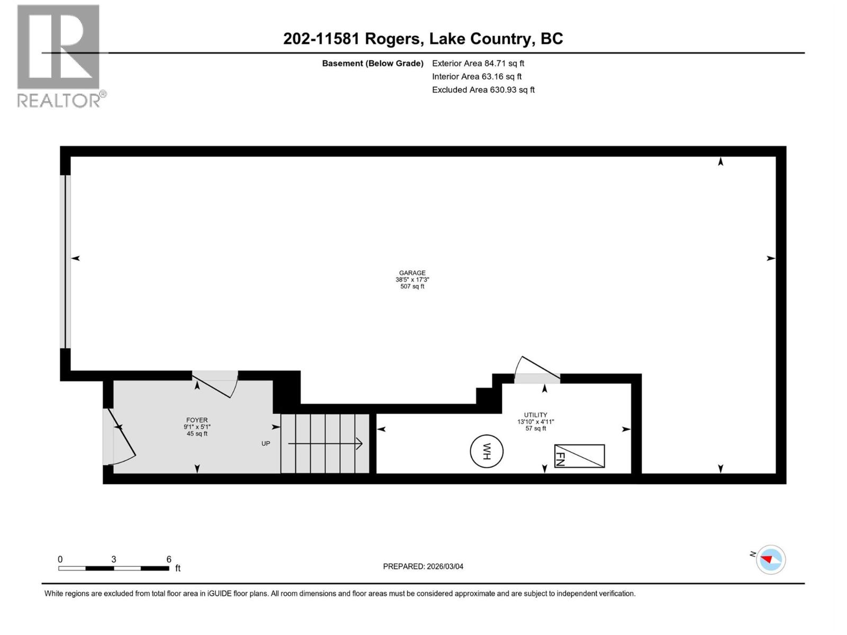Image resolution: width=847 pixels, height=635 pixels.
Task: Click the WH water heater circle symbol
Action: pos(486,451)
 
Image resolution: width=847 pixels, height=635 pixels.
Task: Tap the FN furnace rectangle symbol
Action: pos(579,456)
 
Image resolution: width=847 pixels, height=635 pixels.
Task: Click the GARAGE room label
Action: pos(412,273)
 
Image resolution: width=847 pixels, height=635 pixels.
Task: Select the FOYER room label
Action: pos(197,420)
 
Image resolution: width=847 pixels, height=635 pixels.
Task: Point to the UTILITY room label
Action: pos(535,415)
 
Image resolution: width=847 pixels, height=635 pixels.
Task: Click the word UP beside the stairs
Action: pos(266,443)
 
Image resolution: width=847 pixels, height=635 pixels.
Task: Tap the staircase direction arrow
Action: pos(326,443)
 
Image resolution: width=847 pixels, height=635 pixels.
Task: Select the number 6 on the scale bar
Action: pos(169,559)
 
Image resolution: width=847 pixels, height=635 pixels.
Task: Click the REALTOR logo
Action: pos(59,56)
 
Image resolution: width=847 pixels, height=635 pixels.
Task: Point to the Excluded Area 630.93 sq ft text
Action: pos(483,90)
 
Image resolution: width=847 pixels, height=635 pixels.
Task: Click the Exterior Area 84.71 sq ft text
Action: pos(478,63)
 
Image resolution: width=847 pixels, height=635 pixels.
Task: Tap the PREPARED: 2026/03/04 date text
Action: pos(423,566)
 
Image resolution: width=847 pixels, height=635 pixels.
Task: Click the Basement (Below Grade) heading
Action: pos(372,63)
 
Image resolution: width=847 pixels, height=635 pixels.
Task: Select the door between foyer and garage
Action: pos(214,382)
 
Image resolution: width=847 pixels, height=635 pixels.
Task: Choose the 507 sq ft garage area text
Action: pos(412,286)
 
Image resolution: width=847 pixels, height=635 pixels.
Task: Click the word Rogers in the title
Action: pos(394,39)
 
